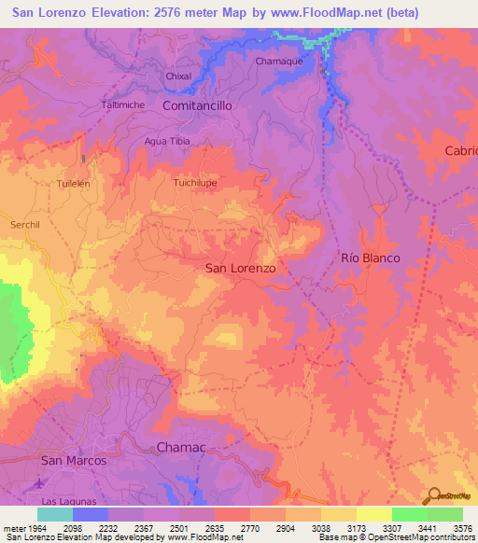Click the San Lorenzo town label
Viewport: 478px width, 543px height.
(x=240, y=268)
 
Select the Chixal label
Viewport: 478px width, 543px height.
(x=177, y=76)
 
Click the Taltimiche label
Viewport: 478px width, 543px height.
(x=122, y=104)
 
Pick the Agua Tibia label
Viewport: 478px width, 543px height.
(x=166, y=141)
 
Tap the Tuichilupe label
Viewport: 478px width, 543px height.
(x=195, y=183)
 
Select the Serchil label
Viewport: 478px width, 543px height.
(x=26, y=225)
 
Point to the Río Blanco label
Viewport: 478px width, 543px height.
(x=371, y=258)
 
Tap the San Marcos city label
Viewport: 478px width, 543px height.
(x=74, y=461)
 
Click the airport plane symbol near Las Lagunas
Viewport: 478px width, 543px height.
(x=39, y=484)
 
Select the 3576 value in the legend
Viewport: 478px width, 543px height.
(x=463, y=527)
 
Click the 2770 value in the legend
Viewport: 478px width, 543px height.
(x=250, y=527)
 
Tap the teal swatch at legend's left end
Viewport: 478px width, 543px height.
(x=55, y=514)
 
